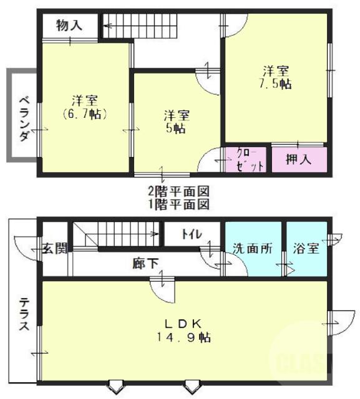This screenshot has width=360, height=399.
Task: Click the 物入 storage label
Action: tap(69, 26)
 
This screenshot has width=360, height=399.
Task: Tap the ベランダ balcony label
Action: tap(22, 118)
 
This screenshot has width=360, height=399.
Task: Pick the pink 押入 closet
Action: tap(298, 159)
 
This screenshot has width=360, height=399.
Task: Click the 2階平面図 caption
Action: tap(178, 191)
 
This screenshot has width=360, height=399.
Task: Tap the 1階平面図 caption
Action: tap(178, 204)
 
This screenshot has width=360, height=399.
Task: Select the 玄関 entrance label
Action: tap(54, 248)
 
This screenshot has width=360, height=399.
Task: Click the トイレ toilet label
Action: tap(191, 234)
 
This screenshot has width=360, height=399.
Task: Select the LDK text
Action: tap(182, 323)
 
